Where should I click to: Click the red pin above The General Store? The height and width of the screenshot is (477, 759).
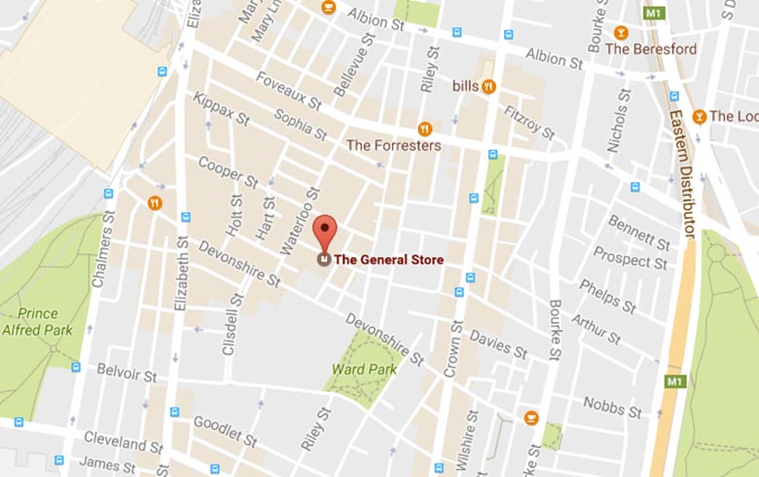pyautogui.click(x=325, y=230)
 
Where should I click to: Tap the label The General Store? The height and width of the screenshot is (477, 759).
pyautogui.click(x=388, y=260)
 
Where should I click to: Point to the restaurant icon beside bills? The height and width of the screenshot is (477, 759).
pyautogui.click(x=488, y=86)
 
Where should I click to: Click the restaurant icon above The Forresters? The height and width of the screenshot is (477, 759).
pyautogui.click(x=424, y=128)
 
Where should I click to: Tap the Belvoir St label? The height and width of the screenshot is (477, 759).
pyautogui.click(x=126, y=371)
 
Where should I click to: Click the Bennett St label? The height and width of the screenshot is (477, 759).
pyautogui.click(x=639, y=234)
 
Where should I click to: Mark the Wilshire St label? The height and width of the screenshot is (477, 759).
pyautogui.click(x=471, y=435)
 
